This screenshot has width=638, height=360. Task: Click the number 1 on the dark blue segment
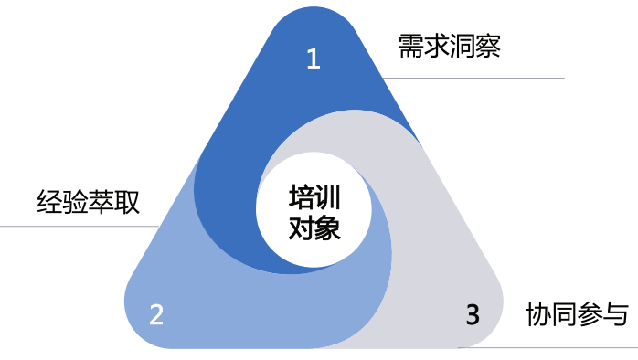314,59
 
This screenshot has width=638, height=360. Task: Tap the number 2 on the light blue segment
156,315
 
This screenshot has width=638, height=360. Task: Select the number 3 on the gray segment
473,315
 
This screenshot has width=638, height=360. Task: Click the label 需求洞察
449,47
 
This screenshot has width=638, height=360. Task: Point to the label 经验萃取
88,201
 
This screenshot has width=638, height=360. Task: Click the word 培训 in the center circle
314,198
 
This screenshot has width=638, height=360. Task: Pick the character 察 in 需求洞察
487,47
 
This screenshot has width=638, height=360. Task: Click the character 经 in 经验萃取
49,201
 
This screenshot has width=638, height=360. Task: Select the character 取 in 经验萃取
127,201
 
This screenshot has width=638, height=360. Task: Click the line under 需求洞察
475,79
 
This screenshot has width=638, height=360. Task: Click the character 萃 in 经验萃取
101,201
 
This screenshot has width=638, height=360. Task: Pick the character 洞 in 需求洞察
462,47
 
